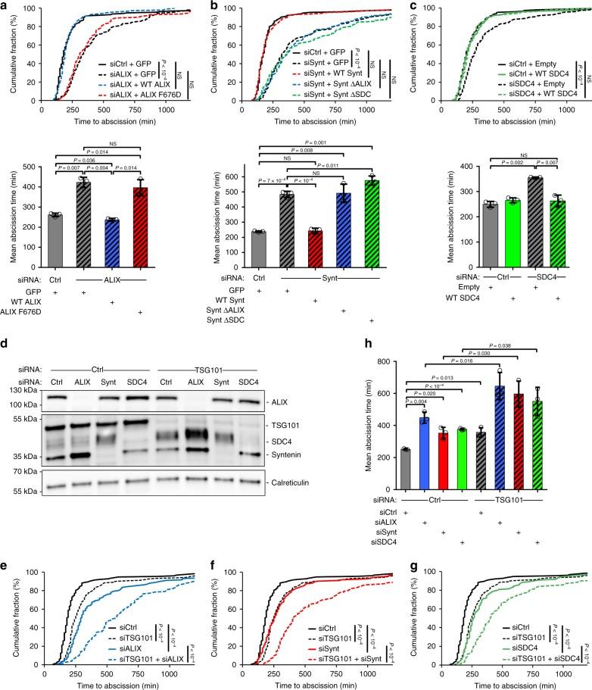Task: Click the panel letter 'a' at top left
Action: pyautogui.click(x=5, y=6)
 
